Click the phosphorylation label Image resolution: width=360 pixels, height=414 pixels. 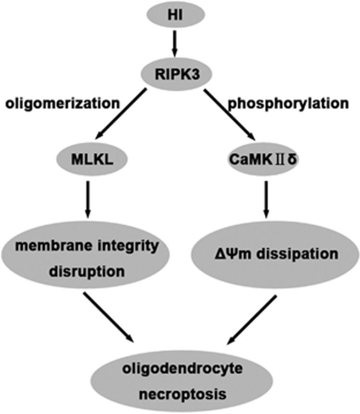pos(294,103)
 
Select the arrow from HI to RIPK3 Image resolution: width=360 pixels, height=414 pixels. pos(174,46)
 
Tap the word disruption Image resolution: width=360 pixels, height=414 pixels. pos(87,272)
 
